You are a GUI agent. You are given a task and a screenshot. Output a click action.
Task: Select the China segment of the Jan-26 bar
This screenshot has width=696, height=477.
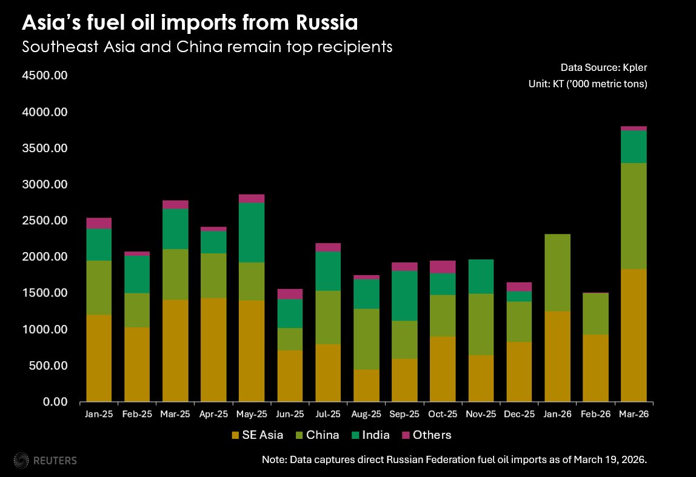[x=557, y=273]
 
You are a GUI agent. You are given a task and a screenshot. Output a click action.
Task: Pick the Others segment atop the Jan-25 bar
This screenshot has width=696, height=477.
[x=99, y=223]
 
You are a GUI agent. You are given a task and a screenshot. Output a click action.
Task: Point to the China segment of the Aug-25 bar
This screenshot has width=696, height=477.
[x=366, y=339]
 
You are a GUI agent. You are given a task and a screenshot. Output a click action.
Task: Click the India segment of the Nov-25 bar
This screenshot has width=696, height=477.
[x=481, y=276]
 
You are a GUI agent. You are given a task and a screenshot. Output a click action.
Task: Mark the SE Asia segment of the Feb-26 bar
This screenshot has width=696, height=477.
[x=595, y=368]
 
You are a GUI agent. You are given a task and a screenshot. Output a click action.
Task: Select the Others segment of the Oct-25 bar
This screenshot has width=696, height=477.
[x=443, y=267]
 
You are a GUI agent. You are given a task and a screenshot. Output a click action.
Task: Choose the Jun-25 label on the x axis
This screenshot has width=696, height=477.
[x=290, y=415]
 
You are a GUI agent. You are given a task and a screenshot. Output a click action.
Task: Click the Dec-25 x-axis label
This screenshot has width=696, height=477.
[x=519, y=415]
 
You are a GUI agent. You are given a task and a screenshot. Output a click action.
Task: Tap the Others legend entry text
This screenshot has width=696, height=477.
[x=432, y=435]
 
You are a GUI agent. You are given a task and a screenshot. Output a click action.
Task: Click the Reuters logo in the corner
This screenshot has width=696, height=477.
[x=45, y=460]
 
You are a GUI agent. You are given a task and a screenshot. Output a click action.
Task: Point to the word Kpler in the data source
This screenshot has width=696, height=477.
[x=634, y=67]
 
